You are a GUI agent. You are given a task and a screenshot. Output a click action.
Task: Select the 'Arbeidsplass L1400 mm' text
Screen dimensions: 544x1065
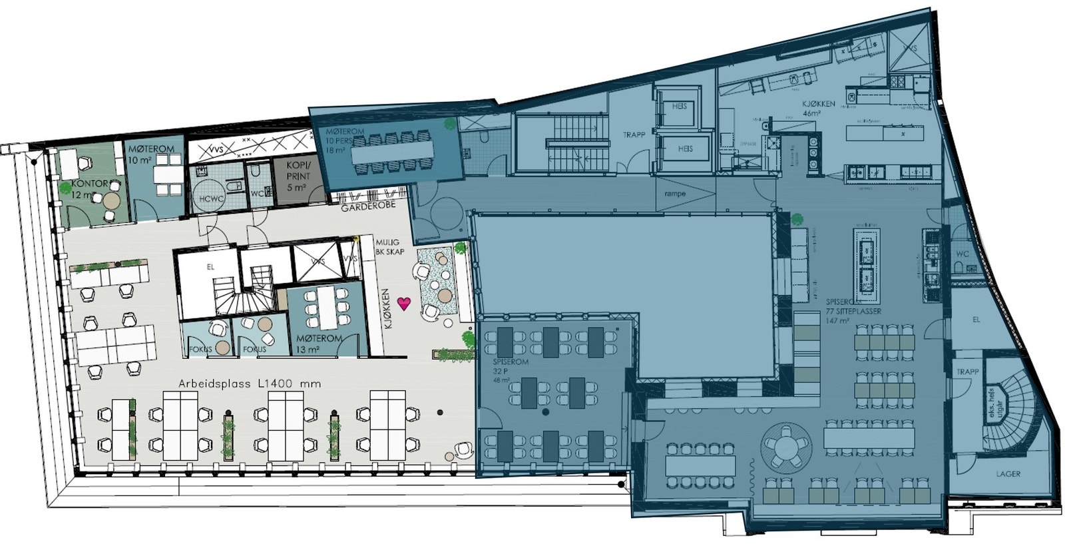click(x=250, y=384)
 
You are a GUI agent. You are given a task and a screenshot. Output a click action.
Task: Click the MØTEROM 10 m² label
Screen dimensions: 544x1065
click(x=152, y=154)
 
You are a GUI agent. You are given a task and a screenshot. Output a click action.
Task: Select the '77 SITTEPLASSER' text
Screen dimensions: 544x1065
click(x=853, y=311)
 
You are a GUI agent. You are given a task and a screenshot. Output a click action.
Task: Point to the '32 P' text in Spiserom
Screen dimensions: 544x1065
click(x=499, y=371)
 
